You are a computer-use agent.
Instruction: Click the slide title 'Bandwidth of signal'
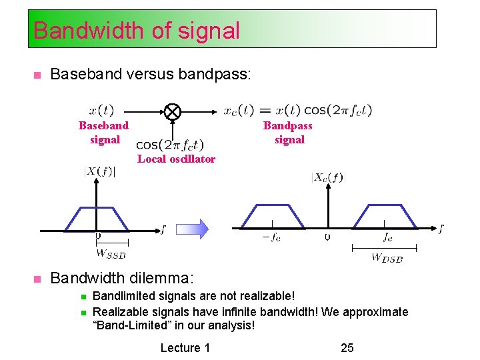(136, 30)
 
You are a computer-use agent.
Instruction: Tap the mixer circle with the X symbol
(173, 111)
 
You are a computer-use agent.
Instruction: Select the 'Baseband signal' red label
(104, 133)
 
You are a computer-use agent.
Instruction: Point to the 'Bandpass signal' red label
(288, 133)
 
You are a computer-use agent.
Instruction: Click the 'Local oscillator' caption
(176, 159)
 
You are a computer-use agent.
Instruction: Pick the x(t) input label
(101, 110)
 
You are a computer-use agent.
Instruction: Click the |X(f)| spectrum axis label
(99, 172)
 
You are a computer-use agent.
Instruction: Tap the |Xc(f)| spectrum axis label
(327, 177)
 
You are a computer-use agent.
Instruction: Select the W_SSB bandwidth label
(111, 253)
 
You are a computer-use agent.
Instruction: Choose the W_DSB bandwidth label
(387, 257)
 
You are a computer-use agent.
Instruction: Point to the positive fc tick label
(387, 237)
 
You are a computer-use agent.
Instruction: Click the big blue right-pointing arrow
(193, 229)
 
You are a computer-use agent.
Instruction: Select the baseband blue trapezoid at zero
(98, 217)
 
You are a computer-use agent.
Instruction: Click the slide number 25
(347, 347)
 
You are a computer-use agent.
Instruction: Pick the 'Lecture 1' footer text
(185, 347)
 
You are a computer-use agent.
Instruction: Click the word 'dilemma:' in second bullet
(165, 277)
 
